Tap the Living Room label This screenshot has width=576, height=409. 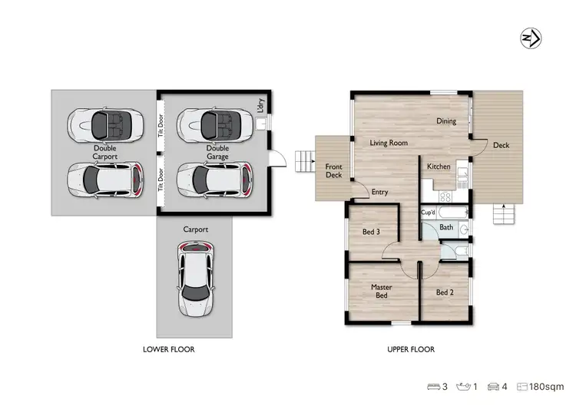tap(388, 143)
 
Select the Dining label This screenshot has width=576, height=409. tap(446, 121)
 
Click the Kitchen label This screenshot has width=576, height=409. tap(438, 166)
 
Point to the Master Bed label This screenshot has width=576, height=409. tap(381, 291)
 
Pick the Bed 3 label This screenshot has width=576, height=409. tap(372, 231)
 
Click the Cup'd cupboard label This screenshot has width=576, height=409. tap(429, 213)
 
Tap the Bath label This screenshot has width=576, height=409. tap(446, 228)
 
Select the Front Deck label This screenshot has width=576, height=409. tap(333, 170)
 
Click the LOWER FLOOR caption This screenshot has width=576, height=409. tap(168, 349)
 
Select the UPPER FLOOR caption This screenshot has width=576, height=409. tap(411, 349)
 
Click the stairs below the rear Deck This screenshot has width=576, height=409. tap(503, 215)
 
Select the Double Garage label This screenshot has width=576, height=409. tap(217, 152)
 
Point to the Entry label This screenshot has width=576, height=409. tap(379, 192)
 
